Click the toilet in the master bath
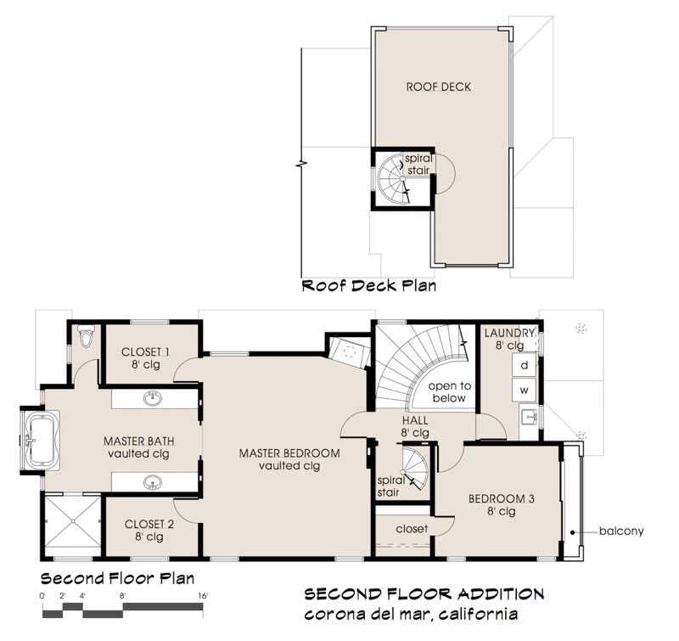[86, 335]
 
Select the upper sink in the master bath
[153, 398]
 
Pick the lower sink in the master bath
[153, 481]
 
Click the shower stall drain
[73, 521]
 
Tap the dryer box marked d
[524, 365]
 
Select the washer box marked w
[524, 390]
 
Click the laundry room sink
[529, 417]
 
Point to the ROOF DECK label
[438, 87]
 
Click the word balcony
[621, 531]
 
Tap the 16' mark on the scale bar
[203, 596]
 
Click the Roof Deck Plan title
[369, 286]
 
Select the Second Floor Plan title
[117, 579]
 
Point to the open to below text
[449, 392]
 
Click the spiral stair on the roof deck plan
[394, 178]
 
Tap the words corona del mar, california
[411, 614]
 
